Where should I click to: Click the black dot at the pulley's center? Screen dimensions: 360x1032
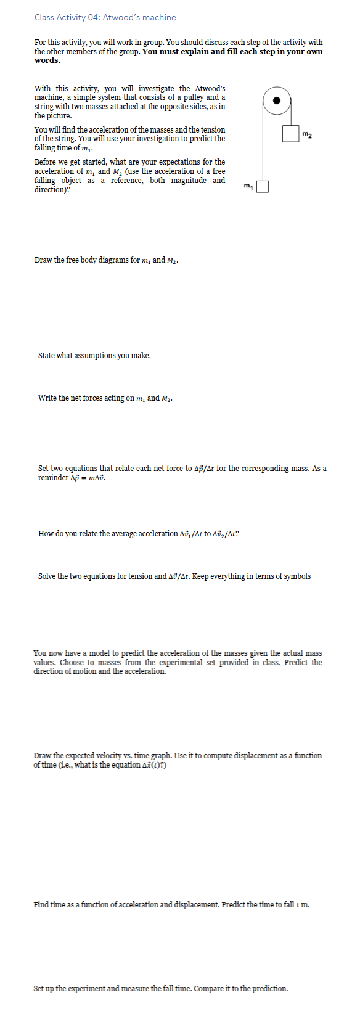277,100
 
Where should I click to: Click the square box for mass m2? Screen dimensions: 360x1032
291,133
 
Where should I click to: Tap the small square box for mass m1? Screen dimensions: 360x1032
263,186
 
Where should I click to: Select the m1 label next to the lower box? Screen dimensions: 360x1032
248,185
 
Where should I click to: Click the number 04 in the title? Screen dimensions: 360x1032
94,17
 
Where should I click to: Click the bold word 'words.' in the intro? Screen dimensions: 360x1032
47,60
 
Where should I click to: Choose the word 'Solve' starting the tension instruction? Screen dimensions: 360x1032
47,576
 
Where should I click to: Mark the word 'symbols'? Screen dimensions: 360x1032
297,576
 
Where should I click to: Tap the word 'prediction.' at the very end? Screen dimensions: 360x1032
269,989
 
